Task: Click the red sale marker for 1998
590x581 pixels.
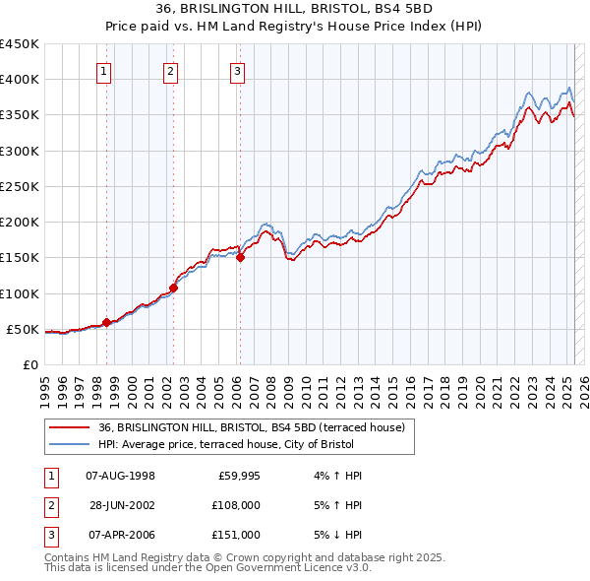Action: point(106,322)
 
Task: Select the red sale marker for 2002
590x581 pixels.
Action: point(173,288)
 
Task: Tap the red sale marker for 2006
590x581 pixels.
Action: point(239,258)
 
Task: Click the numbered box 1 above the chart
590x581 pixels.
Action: point(103,70)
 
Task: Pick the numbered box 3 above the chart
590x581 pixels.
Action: point(238,70)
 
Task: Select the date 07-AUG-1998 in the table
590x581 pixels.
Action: point(121,477)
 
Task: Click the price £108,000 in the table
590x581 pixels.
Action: point(237,505)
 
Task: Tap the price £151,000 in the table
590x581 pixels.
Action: point(237,535)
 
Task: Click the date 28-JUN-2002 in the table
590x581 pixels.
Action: point(121,505)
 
